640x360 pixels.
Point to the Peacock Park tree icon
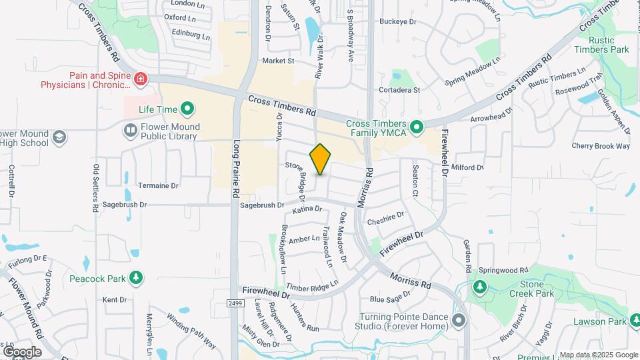(x=136, y=277)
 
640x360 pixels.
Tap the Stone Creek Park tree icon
(x=479, y=287)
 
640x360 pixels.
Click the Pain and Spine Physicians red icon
(x=141, y=80)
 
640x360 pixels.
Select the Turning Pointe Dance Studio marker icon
(x=459, y=321)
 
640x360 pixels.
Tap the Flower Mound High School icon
(x=60, y=137)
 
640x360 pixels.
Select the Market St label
(x=278, y=61)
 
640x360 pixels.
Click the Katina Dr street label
(x=307, y=209)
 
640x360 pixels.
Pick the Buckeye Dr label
(x=398, y=21)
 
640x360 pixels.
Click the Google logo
(x=22, y=351)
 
